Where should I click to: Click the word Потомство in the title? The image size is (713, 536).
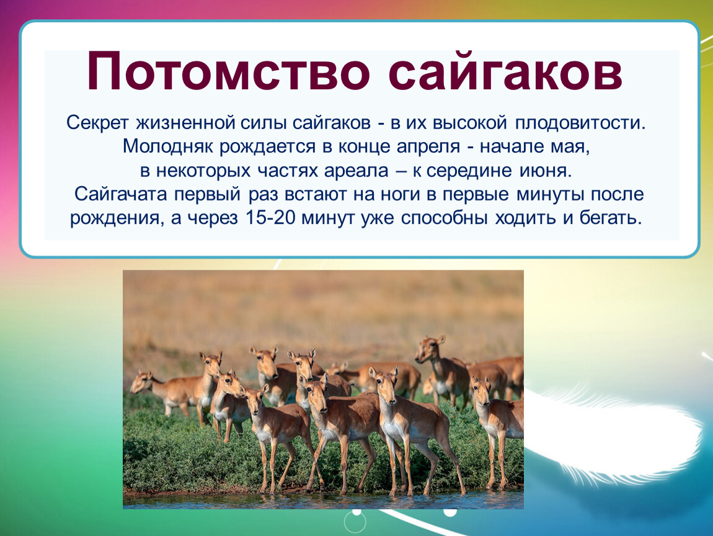click(x=228, y=71)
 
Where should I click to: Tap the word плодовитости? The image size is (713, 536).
click(x=580, y=123)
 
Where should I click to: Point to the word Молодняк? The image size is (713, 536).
click(x=168, y=147)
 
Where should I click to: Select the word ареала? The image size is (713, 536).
click(x=356, y=171)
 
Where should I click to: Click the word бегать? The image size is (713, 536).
click(x=611, y=218)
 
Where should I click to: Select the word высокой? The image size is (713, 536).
click(x=469, y=123)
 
